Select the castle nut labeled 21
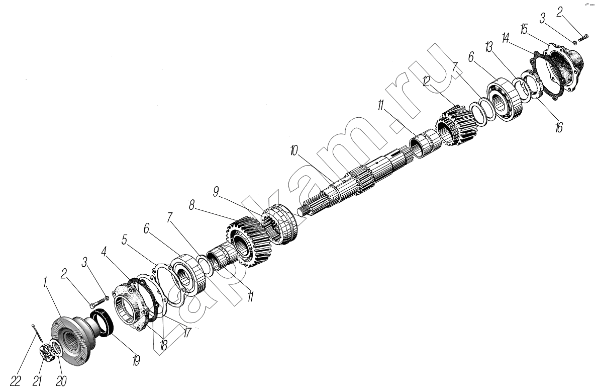45,351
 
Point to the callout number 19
136,360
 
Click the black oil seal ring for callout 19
104,323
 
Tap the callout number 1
46,282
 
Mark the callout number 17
187,333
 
